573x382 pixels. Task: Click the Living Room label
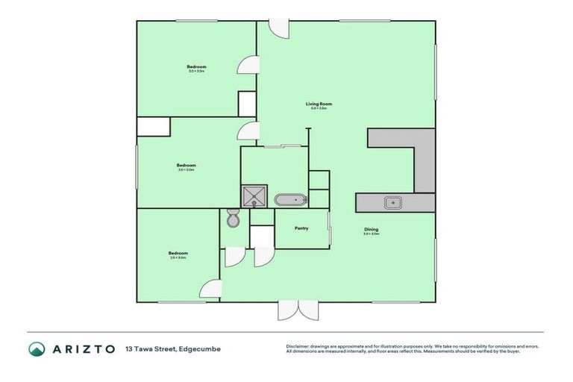[319, 104]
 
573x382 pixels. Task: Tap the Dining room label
[371, 229]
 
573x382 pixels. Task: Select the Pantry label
[301, 228]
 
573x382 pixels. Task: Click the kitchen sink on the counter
[392, 201]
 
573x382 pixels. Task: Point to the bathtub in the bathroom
[289, 200]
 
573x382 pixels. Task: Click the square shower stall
[254, 196]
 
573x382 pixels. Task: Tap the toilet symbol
[232, 219]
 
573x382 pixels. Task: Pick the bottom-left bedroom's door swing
[212, 289]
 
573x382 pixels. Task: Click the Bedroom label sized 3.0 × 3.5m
[196, 68]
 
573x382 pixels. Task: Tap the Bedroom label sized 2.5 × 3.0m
[178, 254]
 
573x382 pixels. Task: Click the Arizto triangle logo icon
[37, 348]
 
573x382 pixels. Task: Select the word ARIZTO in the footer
[83, 348]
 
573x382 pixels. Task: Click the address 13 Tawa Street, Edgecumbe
[173, 348]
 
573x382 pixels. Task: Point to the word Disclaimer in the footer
[298, 346]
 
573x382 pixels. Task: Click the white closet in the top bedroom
[247, 104]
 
